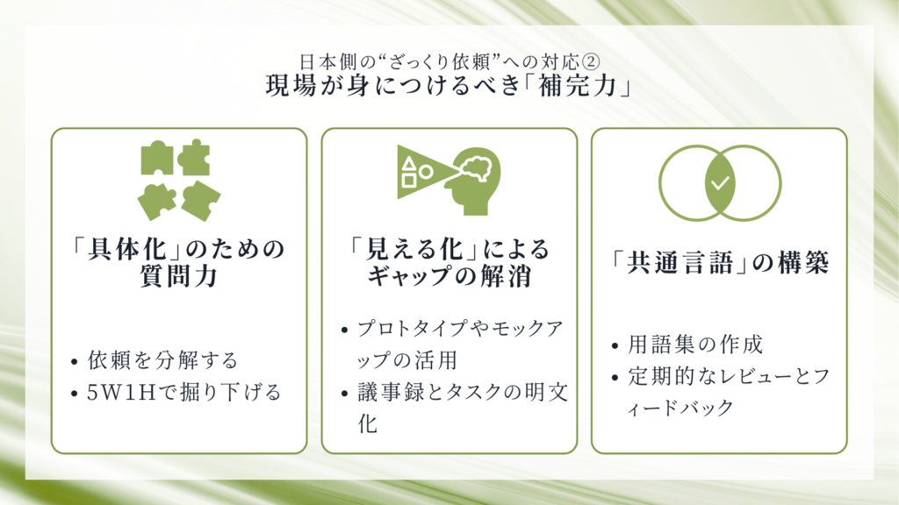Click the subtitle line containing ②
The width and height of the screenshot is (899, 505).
(x=449, y=61)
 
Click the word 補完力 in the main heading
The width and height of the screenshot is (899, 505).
(x=578, y=87)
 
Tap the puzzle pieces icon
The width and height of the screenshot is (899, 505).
(x=179, y=180)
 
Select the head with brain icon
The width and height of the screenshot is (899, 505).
(x=476, y=181)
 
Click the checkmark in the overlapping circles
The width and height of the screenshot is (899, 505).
(x=720, y=183)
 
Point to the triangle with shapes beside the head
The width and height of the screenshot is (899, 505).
(x=424, y=172)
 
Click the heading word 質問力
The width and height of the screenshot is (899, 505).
(x=179, y=276)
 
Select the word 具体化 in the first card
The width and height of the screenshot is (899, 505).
(x=126, y=249)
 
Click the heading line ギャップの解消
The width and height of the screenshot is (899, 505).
(x=449, y=276)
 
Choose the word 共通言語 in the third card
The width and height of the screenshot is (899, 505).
(x=680, y=263)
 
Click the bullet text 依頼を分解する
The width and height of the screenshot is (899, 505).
(x=162, y=360)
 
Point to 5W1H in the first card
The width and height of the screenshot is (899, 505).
(x=121, y=393)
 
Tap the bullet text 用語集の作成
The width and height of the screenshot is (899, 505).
(x=695, y=345)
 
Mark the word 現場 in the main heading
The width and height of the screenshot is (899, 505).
(x=291, y=87)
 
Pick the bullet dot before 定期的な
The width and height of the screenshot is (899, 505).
(x=615, y=378)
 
